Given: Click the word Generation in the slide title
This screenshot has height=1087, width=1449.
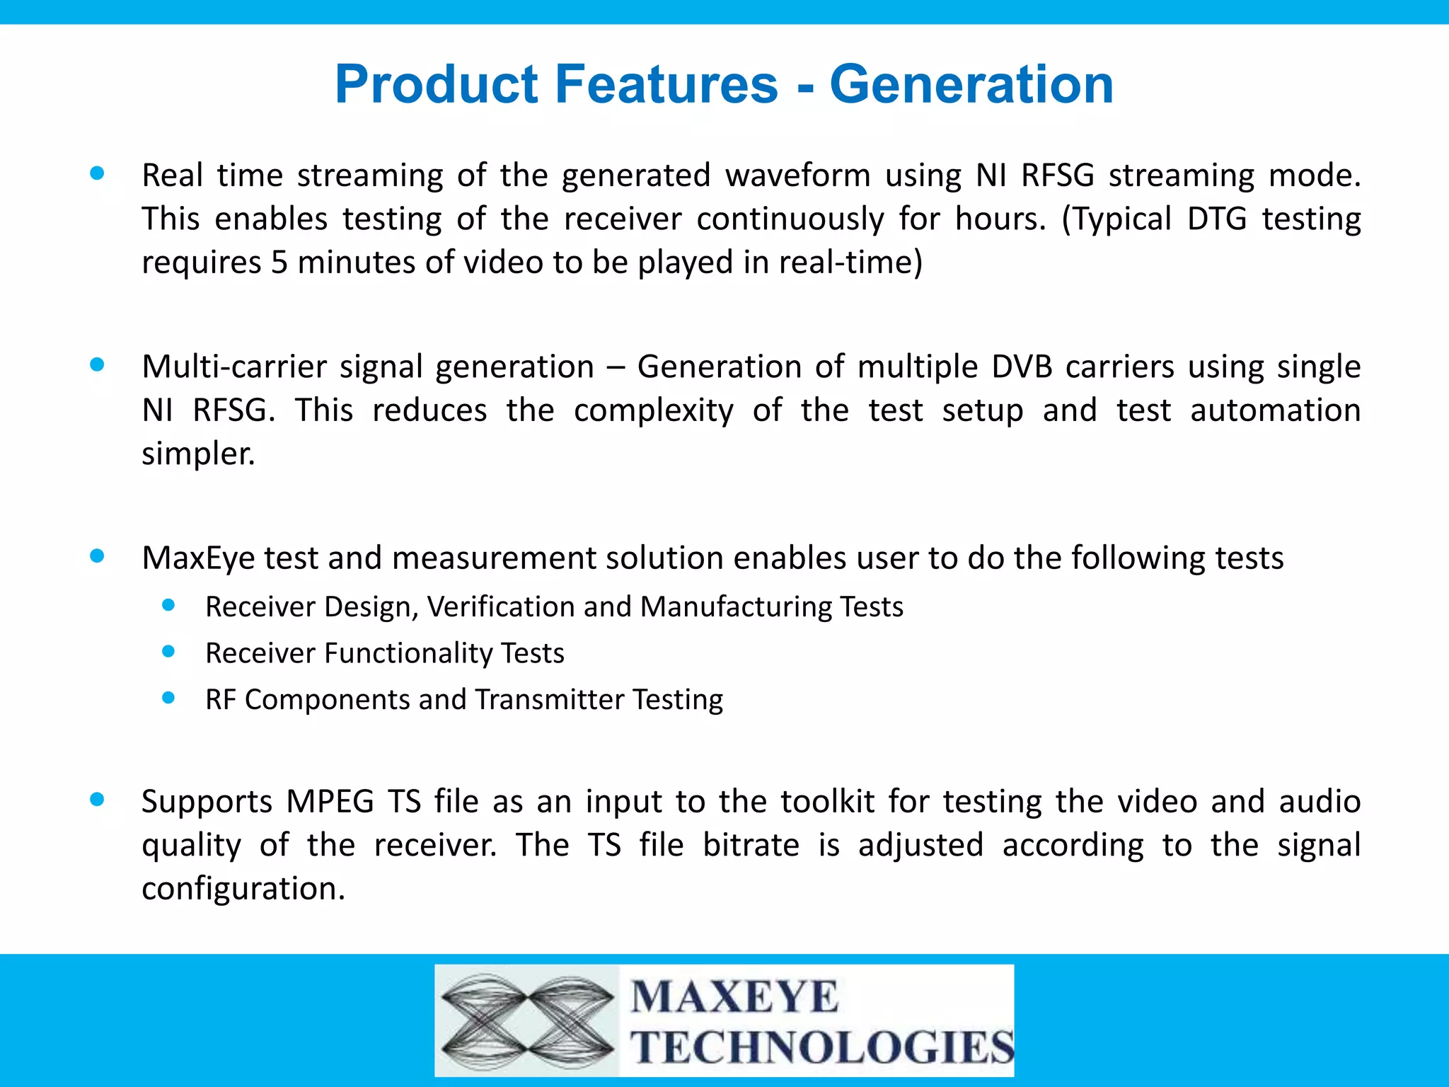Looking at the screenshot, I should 971,85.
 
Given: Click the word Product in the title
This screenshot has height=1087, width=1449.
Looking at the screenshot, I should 437,85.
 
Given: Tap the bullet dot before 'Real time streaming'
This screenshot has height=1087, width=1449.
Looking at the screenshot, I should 98,173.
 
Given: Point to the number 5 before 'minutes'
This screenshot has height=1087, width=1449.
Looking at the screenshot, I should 279,263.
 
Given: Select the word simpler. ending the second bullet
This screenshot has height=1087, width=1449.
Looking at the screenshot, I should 198,454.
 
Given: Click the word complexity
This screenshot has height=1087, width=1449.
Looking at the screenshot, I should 654,411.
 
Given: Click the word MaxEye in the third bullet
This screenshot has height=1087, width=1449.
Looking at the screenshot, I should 198,558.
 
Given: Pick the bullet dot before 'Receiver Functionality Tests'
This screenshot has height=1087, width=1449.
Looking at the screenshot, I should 168,651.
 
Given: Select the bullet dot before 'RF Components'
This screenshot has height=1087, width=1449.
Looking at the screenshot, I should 168,698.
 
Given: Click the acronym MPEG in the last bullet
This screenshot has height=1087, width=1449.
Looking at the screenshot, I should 330,802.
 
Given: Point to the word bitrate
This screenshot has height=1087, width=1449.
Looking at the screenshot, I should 751,845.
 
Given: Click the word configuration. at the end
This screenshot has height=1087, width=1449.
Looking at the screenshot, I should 243,889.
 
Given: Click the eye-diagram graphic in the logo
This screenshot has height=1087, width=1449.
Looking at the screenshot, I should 527,1020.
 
